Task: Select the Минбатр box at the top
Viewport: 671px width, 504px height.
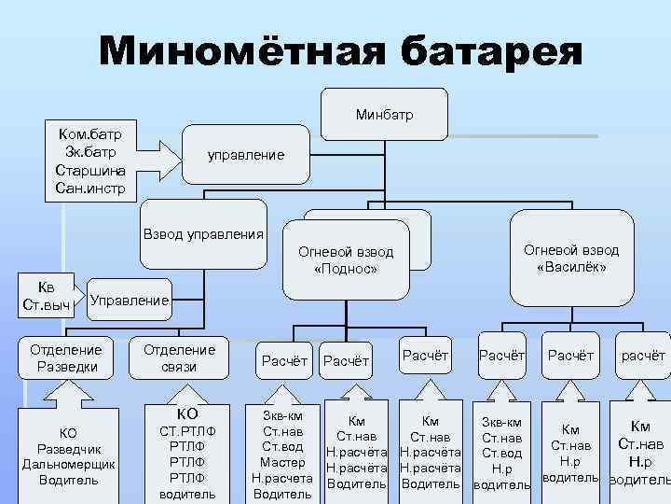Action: pyautogui.click(x=384, y=115)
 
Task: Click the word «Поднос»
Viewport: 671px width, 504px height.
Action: pyautogui.click(x=345, y=270)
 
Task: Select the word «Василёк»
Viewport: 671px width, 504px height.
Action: pyautogui.click(x=571, y=267)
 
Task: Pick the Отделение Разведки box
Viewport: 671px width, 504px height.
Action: pyautogui.click(x=65, y=357)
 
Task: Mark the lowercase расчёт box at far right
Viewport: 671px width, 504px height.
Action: pyautogui.click(x=643, y=355)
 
